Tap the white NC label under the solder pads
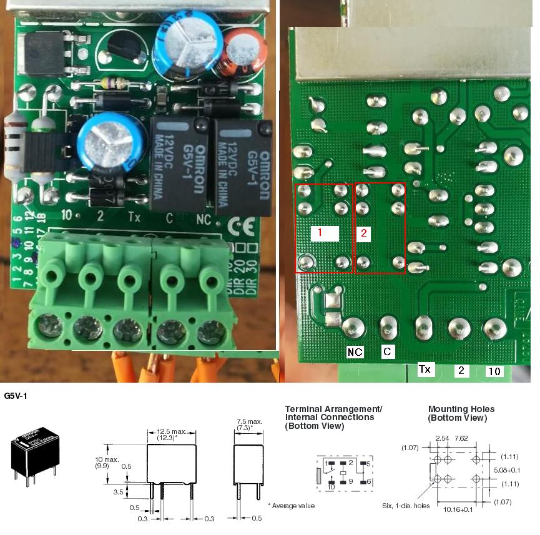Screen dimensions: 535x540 pos(355,352)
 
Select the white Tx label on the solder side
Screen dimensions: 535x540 pos(425,370)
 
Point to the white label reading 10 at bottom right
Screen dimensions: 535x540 pos(494,371)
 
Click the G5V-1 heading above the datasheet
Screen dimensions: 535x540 pos(16,396)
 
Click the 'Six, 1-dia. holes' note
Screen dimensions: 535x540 pos(406,505)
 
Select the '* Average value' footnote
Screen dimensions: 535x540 pos(292,505)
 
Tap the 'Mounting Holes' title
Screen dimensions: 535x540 pos(457,409)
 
